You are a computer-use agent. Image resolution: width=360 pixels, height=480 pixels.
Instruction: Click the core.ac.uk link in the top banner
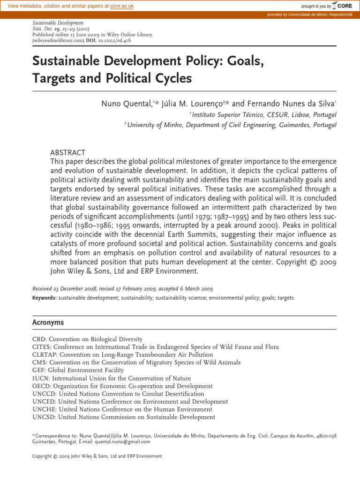pos(122,5)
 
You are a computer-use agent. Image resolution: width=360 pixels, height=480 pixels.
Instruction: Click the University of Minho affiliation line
pos(232,125)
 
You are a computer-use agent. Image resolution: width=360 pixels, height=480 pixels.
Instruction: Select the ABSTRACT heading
pos(67,153)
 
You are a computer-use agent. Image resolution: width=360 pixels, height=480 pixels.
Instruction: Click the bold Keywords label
pos(45,298)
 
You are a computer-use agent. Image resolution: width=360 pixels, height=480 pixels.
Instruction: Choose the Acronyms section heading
pos(48,323)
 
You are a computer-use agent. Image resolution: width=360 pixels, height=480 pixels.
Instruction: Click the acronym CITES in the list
pos(41,347)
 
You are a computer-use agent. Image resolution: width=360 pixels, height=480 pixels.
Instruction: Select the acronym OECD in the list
pos(41,386)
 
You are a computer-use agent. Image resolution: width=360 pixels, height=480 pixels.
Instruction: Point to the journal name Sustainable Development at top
pos(58,22)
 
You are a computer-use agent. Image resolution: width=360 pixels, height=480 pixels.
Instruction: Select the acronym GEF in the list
pos(38,370)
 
